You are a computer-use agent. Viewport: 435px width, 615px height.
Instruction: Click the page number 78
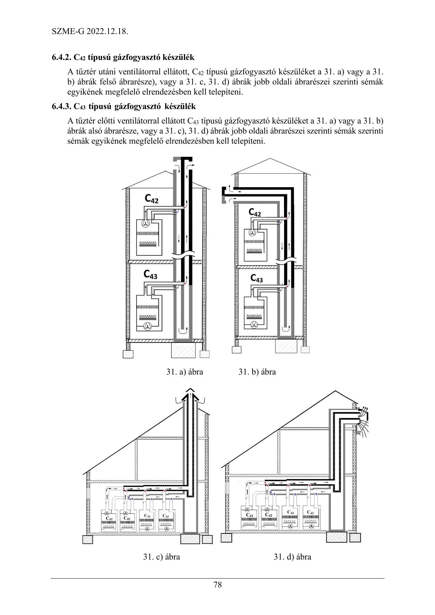tap(217, 584)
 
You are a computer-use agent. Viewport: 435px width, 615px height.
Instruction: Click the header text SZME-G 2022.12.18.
tap(90, 31)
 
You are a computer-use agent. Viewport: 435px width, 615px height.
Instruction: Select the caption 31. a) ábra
tap(185, 372)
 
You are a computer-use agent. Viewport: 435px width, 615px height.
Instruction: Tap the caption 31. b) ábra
tap(257, 372)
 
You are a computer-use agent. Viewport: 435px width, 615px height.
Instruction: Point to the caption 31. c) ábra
tap(162, 557)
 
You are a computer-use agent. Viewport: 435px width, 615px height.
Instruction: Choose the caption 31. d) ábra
tap(292, 557)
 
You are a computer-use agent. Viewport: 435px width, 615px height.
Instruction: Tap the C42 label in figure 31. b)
tap(255, 212)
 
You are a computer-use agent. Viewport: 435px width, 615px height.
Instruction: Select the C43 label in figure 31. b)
tap(257, 278)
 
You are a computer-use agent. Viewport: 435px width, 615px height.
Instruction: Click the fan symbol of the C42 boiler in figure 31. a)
tap(146, 224)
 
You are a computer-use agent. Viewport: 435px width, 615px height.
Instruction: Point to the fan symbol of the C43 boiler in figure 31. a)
tap(148, 326)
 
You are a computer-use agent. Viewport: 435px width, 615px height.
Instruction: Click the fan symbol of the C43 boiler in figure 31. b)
tap(254, 324)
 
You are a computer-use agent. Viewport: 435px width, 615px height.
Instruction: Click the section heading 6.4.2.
tap(123, 57)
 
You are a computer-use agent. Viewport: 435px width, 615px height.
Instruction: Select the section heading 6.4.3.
tap(124, 107)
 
